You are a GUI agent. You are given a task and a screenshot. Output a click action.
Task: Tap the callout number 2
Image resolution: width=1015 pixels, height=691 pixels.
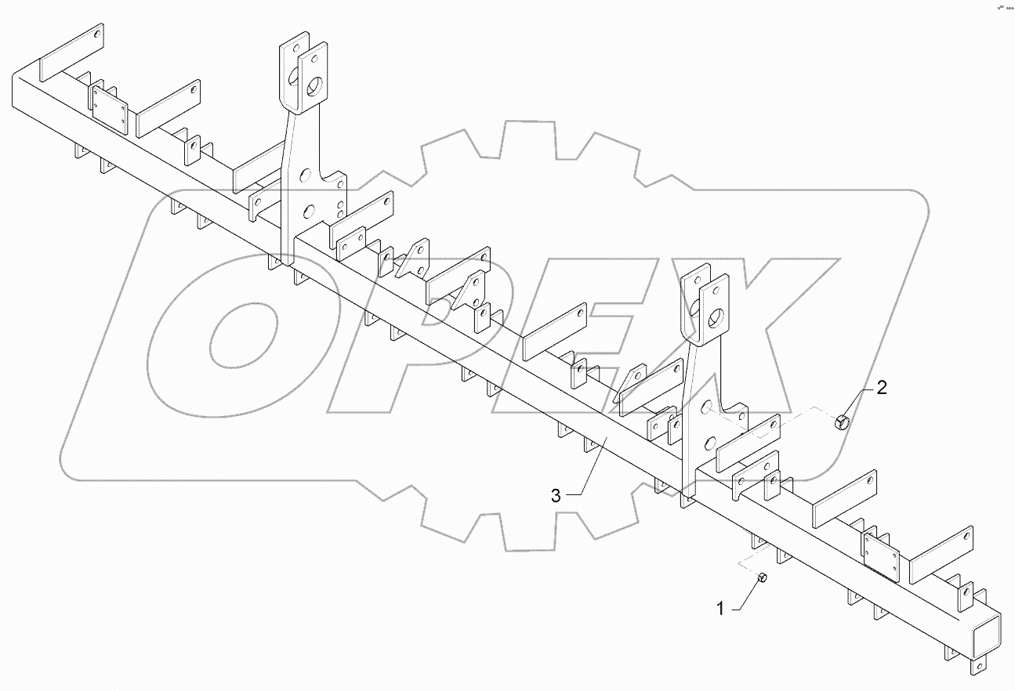(x=881, y=388)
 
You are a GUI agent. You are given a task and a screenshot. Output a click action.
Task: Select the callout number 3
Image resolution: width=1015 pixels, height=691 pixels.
(x=556, y=495)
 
